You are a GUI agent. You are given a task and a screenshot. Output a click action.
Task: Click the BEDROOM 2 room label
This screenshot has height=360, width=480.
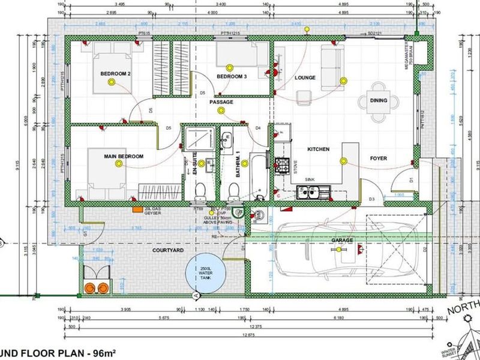(x=116, y=73)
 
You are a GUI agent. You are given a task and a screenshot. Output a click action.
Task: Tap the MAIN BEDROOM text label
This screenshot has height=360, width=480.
(x=124, y=157)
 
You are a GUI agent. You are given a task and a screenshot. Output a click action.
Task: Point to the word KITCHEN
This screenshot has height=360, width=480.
(x=319, y=149)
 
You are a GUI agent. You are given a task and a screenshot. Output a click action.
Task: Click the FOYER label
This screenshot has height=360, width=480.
(x=378, y=158)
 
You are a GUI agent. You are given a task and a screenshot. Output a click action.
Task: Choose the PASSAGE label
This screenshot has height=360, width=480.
(x=221, y=102)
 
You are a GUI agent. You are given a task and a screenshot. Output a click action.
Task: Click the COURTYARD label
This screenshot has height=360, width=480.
(x=151, y=250)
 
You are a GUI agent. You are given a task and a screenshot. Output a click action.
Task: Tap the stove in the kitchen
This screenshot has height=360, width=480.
(x=282, y=164)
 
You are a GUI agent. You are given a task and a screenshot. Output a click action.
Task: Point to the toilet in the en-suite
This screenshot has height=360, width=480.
(x=201, y=190)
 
